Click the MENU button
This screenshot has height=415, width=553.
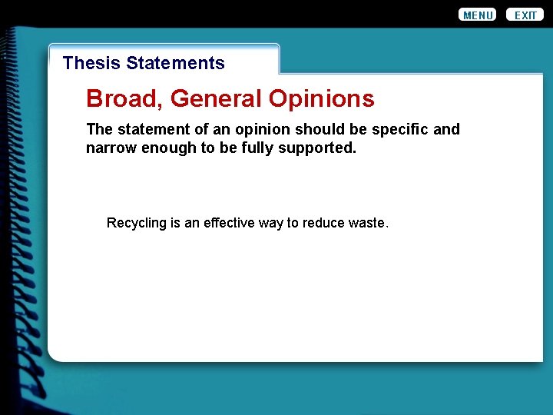click(478, 15)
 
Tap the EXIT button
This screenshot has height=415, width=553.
click(525, 15)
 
